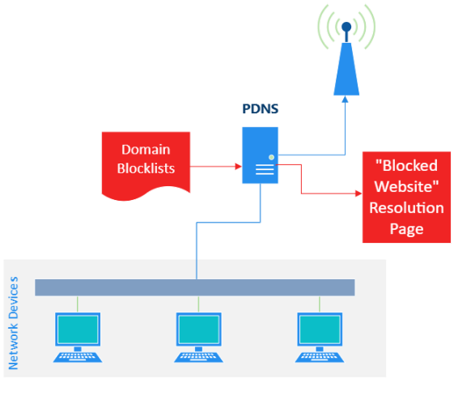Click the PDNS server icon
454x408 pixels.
click(260, 155)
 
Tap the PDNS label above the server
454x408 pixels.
click(260, 108)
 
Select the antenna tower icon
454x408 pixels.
click(346, 60)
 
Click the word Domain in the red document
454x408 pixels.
click(146, 150)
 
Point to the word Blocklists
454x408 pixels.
click(146, 169)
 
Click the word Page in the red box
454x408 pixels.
click(406, 229)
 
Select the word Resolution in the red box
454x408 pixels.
click(406, 208)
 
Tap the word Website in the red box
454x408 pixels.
click(406, 186)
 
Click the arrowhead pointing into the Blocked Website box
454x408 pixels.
click(356, 193)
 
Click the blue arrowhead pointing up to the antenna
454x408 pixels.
click(346, 101)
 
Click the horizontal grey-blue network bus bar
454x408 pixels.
click(195, 287)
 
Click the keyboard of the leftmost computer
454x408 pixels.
click(78, 355)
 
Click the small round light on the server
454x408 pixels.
click(271, 156)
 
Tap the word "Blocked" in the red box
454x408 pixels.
click(406, 165)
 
